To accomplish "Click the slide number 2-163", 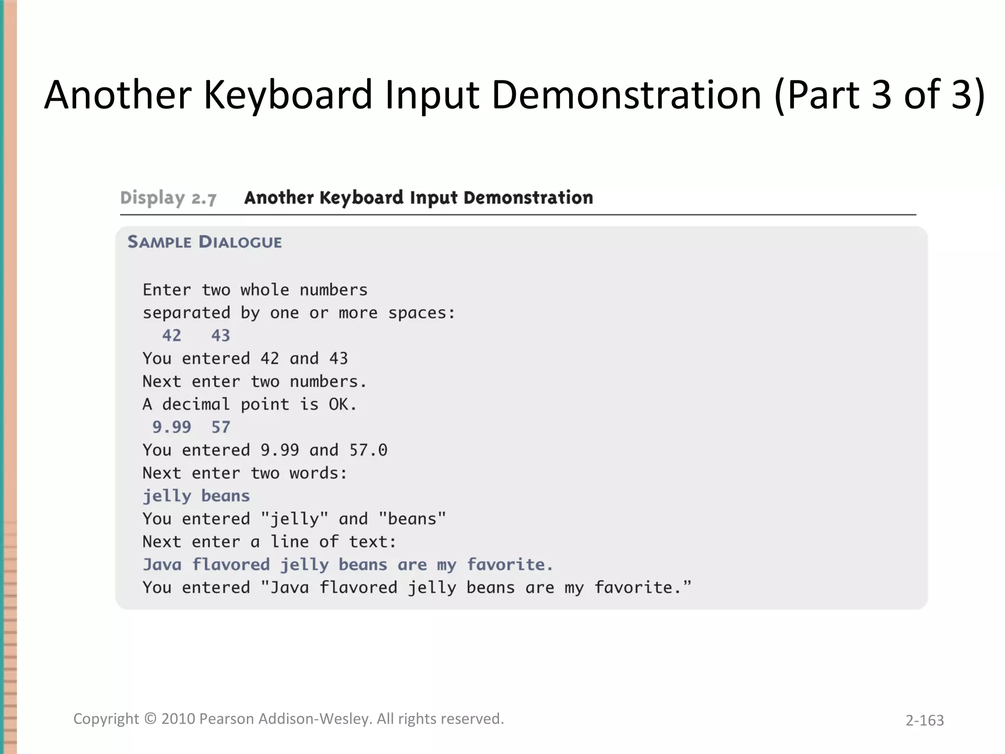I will (x=925, y=720).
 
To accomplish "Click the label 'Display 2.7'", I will (x=168, y=198).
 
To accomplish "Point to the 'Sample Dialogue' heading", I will (x=205, y=242).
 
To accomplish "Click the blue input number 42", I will (x=172, y=336).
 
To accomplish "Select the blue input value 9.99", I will (x=172, y=427).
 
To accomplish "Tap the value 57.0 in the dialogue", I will (x=368, y=450).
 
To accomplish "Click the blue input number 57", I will (x=221, y=427).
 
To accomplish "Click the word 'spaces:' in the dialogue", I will (x=422, y=313).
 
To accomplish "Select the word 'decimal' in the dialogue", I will (x=196, y=404).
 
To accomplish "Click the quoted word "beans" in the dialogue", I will (x=412, y=519).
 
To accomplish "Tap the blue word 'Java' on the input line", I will (x=162, y=565).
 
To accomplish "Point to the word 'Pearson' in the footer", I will (x=227, y=719).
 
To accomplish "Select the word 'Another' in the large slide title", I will (x=118, y=94).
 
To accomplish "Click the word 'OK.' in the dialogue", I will (x=343, y=404).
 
